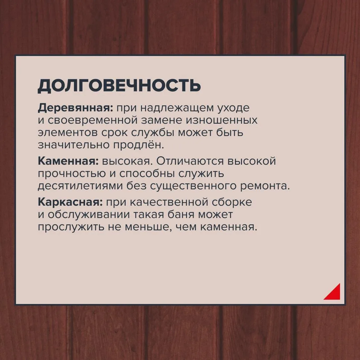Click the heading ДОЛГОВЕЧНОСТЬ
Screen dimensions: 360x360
119,86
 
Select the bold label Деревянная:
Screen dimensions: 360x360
76,108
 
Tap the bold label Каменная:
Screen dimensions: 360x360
68,161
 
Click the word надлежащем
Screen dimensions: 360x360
177,108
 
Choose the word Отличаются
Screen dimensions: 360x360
190,161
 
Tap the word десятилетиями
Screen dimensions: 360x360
81,186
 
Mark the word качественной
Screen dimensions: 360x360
169,202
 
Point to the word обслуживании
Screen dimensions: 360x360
89,214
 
